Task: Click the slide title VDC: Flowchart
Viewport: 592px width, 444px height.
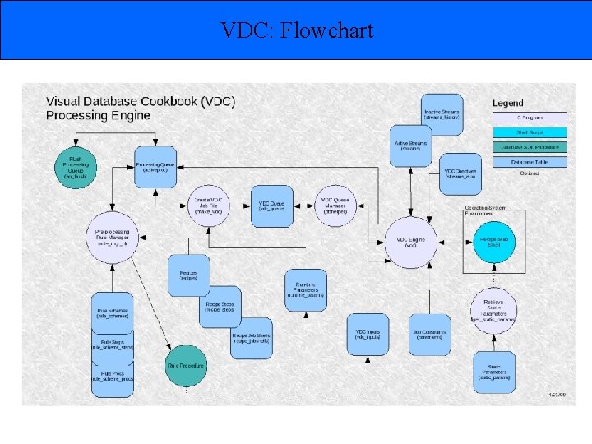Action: pos(297,31)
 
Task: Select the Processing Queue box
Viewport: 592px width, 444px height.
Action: pos(155,165)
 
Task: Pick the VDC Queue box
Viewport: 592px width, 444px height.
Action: pos(272,206)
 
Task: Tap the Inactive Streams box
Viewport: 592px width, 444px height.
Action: pos(442,116)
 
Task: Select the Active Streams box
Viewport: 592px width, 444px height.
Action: pos(411,145)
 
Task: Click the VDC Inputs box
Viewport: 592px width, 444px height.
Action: pos(367,334)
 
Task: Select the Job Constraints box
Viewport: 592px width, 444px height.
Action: pos(429,334)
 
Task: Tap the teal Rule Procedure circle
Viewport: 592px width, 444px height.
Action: pos(187,365)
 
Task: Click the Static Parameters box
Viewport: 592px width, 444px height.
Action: pos(493,374)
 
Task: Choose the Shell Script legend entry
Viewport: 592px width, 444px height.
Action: pos(530,132)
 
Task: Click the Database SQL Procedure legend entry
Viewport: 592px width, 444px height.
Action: pos(530,147)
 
